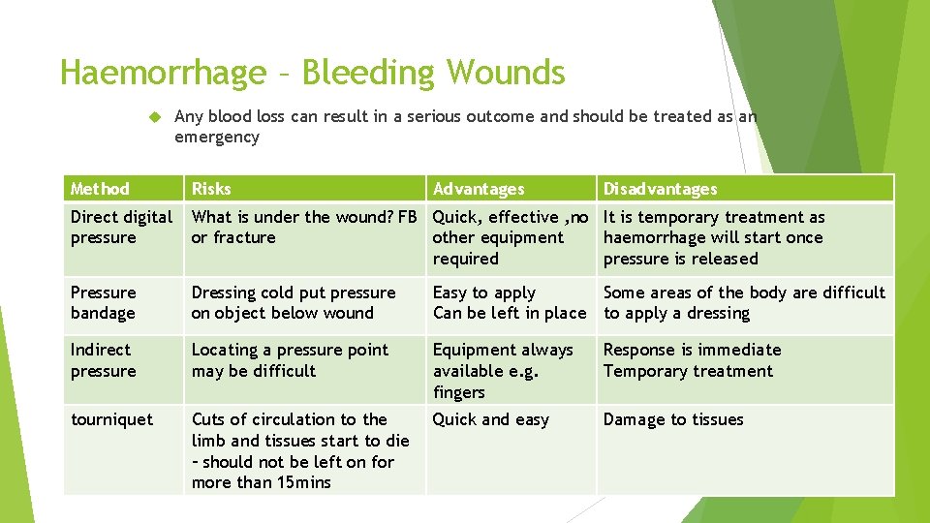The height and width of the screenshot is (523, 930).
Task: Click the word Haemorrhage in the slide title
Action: tap(163, 73)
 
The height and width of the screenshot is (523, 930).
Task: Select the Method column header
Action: tap(100, 189)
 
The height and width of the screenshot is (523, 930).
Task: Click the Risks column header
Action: tap(211, 189)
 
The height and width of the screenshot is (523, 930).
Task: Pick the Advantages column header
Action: tap(479, 189)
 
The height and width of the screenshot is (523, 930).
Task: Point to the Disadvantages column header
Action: tap(660, 189)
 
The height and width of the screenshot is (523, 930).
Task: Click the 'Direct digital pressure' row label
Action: tap(121, 228)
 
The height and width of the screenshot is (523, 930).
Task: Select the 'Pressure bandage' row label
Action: tap(104, 302)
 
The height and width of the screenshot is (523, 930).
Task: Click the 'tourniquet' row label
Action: tap(111, 419)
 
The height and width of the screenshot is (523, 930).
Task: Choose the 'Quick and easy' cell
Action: tap(490, 419)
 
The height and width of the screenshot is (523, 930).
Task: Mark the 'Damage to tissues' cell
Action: tap(673, 419)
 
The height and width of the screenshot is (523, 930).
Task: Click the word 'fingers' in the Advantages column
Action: tap(459, 392)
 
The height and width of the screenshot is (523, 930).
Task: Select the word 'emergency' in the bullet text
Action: tap(217, 137)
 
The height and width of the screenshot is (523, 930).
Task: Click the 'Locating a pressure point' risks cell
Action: tap(290, 359)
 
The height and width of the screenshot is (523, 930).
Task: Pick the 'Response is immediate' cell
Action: tap(692, 350)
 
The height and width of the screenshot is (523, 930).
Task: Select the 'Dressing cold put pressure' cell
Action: tap(294, 302)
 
